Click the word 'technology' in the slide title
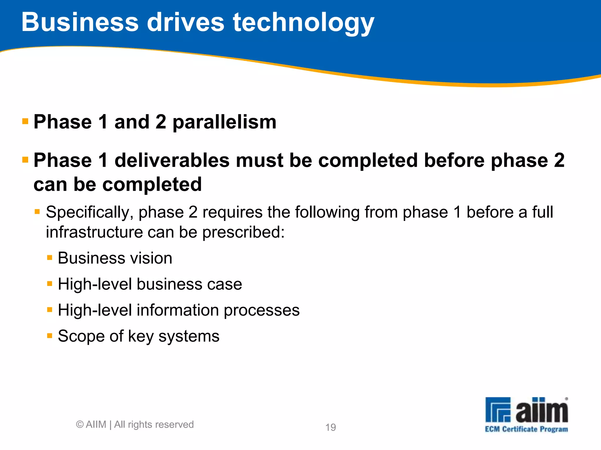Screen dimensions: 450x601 tap(303, 23)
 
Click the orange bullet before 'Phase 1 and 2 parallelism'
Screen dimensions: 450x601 tap(25, 121)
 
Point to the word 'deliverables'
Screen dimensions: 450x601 tap(172, 161)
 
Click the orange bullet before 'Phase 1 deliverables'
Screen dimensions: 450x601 tap(25, 160)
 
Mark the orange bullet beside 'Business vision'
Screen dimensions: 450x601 tap(50, 258)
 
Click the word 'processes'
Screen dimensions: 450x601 tap(261, 310)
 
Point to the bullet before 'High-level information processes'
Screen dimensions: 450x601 tap(50, 310)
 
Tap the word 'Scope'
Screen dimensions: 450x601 tap(81, 336)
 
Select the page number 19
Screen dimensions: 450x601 tap(330, 427)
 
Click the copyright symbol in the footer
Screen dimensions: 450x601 tap(80, 424)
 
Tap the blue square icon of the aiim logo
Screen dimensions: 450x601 tap(498, 410)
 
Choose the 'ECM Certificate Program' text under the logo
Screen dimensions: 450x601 tap(526, 429)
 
